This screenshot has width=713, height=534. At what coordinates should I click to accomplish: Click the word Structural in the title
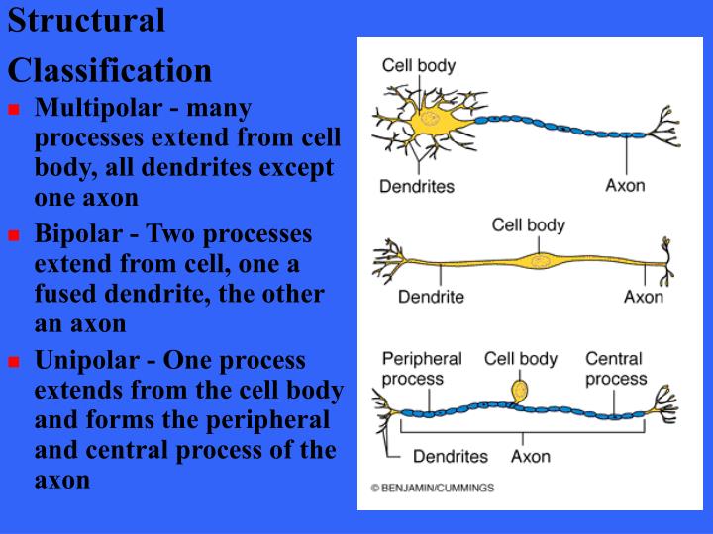point(86,21)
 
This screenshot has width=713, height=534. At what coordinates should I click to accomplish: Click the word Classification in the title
point(109,70)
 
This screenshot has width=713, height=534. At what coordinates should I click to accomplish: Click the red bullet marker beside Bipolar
point(14,236)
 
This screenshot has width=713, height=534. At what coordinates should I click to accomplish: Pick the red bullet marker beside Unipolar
point(14,362)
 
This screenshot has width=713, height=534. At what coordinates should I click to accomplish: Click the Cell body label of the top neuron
point(419,66)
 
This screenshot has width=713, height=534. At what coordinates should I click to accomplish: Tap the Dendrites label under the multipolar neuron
point(417,186)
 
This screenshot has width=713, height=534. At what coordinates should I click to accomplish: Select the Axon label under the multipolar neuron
point(625,185)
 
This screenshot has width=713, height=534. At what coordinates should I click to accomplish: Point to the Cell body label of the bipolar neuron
point(528,224)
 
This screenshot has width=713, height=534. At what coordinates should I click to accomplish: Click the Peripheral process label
point(422,368)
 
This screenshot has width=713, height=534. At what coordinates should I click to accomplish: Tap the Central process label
point(615,368)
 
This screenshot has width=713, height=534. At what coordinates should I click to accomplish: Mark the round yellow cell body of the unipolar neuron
point(521,388)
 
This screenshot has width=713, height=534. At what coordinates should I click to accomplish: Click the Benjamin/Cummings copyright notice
point(433,488)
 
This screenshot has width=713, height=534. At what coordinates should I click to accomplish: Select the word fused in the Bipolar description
point(70,295)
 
